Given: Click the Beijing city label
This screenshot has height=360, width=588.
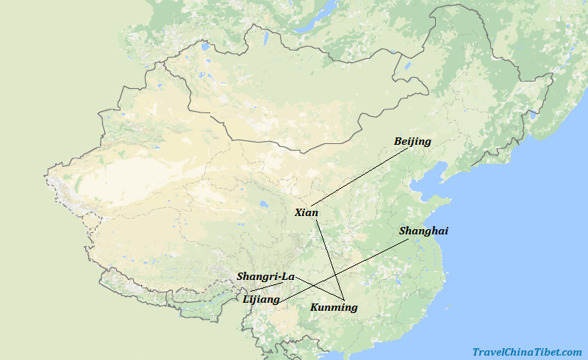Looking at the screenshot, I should [x=412, y=141].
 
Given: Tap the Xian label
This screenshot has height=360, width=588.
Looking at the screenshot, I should [x=306, y=212].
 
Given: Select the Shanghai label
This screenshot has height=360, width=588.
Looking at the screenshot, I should [x=423, y=231].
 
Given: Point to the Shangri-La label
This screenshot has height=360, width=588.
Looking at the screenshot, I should [x=265, y=276].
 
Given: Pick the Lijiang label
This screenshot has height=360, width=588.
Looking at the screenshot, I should [x=261, y=299].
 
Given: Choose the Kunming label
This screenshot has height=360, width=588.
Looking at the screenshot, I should [x=334, y=307].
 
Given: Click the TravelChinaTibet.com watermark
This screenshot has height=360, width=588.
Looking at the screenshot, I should [x=527, y=352].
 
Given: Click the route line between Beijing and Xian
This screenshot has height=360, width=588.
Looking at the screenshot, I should [x=360, y=176].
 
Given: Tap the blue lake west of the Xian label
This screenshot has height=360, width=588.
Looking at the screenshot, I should [x=262, y=205].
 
